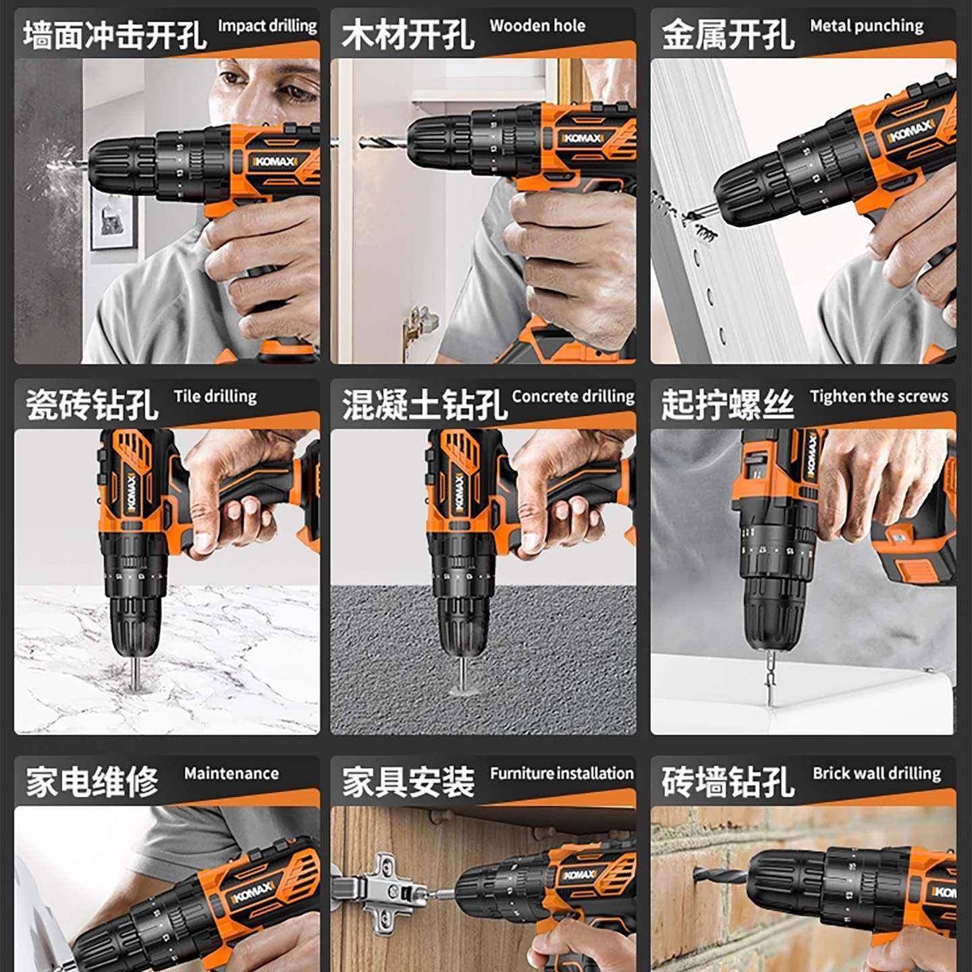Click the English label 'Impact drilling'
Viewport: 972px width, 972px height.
click(267, 26)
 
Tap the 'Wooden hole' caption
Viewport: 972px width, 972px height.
click(537, 26)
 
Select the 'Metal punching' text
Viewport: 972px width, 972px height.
click(867, 26)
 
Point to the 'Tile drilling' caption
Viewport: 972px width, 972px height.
click(215, 396)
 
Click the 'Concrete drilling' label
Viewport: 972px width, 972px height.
click(573, 396)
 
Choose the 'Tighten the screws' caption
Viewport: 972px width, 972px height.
click(879, 396)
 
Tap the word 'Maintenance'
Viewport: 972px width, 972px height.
click(232, 774)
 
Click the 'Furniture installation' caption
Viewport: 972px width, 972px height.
click(562, 774)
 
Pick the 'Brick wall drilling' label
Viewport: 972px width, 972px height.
click(876, 774)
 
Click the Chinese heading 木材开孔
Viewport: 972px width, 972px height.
click(408, 34)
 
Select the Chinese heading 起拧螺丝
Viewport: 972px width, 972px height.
click(728, 405)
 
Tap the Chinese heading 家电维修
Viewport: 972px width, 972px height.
click(92, 782)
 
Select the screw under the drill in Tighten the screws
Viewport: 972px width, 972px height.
click(769, 682)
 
